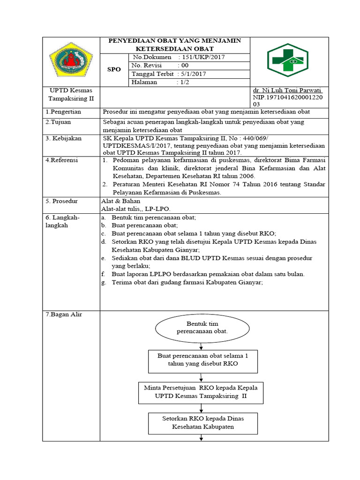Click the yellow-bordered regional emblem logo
pyautogui.click(x=71, y=61)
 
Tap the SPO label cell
pyautogui.click(x=114, y=69)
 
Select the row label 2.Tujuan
pyautogui.click(x=57, y=122)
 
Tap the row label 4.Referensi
pyautogui.click(x=61, y=160)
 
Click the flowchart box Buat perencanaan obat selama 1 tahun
pyautogui.click(x=202, y=360)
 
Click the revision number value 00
pyautogui.click(x=185, y=66)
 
